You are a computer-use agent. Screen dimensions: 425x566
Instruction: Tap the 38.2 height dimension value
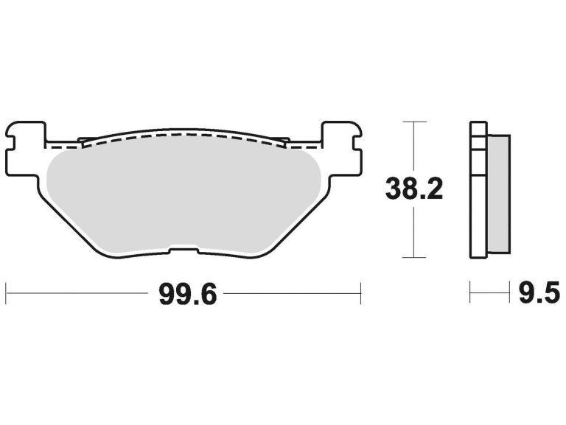pos(414,190)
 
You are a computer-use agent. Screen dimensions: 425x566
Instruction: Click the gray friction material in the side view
pos(499,192)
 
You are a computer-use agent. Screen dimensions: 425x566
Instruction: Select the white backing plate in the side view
pos(478,192)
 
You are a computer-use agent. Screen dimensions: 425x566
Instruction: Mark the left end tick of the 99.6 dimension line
pos(7,292)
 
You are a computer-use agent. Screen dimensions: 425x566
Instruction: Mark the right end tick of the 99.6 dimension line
pos(360,292)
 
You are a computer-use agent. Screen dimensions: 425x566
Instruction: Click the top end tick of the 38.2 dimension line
pos(414,121)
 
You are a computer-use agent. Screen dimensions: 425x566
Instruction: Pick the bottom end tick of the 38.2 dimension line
pos(414,257)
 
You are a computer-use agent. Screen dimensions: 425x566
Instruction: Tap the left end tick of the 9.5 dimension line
pos(470,292)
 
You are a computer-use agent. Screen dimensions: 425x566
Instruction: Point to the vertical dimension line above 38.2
pos(414,147)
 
